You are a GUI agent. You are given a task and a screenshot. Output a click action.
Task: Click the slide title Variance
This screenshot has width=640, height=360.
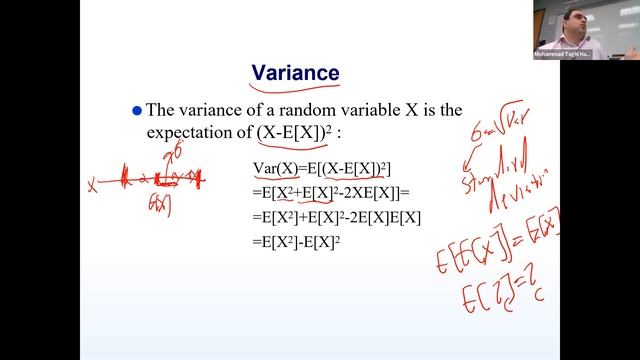click(294, 73)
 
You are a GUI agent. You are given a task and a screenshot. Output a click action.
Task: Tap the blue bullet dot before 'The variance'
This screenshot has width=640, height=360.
click(137, 111)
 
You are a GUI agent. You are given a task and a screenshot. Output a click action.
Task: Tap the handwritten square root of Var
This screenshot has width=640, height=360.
click(507, 129)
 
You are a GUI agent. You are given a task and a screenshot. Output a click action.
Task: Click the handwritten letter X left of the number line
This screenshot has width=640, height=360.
click(92, 184)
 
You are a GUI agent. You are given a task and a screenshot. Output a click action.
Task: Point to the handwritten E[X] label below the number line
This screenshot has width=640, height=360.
click(157, 205)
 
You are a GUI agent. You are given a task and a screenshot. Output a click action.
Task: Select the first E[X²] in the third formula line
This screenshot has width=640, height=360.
click(279, 215)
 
